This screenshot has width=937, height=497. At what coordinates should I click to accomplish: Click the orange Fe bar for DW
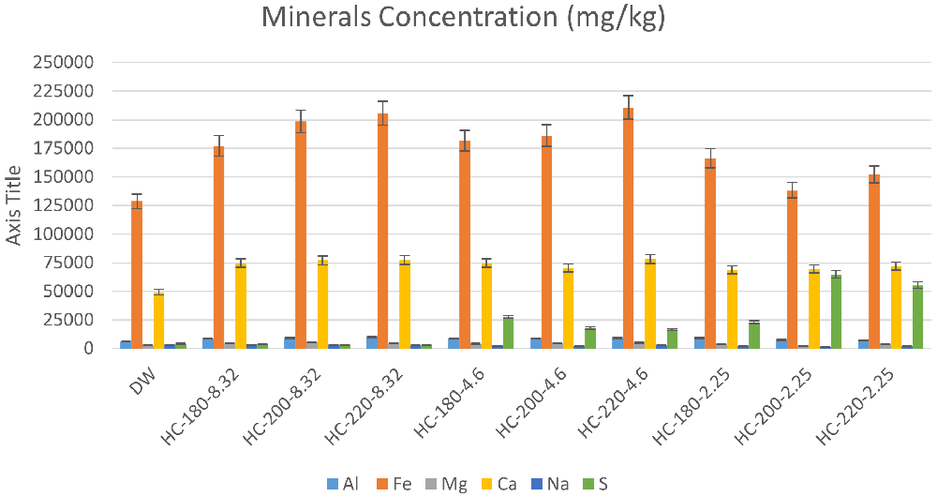(137, 275)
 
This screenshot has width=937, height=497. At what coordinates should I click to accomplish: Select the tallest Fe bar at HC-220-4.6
(628, 228)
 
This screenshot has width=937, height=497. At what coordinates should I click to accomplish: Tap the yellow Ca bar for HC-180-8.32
(241, 306)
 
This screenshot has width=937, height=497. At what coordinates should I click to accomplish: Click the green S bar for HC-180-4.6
(509, 333)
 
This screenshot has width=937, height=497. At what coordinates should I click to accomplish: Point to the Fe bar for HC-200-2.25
(793, 269)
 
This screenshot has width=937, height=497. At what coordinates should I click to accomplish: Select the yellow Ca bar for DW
(159, 320)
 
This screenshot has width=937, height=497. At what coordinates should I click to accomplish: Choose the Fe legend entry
(394, 484)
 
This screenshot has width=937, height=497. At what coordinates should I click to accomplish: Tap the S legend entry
(595, 484)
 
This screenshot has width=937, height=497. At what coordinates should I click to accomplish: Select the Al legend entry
(343, 484)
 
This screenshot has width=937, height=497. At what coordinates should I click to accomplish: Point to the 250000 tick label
(64, 62)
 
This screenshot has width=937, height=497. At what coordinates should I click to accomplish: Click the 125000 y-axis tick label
(64, 205)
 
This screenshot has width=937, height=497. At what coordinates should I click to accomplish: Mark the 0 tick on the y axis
(89, 348)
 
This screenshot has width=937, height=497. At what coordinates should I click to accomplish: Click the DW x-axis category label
(142, 381)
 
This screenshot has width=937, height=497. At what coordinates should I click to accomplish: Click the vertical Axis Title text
(14, 205)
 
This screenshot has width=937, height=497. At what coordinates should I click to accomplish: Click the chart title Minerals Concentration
(463, 17)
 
